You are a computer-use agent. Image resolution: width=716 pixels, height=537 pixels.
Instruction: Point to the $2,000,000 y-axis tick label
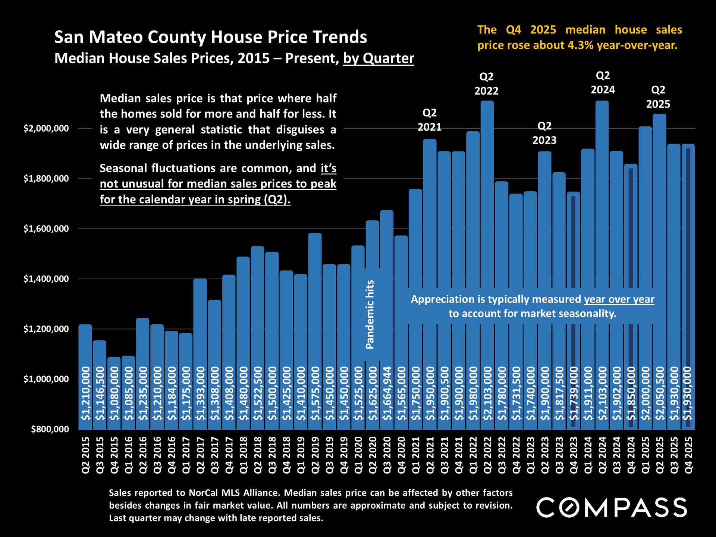click(46, 129)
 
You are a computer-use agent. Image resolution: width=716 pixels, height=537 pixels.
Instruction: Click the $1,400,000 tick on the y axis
click(46, 279)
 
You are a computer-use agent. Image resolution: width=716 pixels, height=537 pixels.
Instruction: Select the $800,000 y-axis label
click(50, 429)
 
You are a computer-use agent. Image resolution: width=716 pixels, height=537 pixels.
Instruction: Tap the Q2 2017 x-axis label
click(200, 455)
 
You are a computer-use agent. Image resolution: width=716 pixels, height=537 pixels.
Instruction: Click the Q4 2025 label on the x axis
click(688, 455)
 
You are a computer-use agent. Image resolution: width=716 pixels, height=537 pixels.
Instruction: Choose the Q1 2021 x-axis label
click(416, 455)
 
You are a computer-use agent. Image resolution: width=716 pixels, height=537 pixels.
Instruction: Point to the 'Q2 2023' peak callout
click(544, 133)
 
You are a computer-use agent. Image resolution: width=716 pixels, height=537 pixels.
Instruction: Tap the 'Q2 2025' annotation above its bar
click(658, 97)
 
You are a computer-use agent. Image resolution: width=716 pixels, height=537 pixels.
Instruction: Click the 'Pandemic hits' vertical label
click(370, 314)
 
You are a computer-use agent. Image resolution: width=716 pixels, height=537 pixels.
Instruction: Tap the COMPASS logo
click(612, 508)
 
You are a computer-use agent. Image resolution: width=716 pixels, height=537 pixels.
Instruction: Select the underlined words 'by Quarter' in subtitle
click(379, 59)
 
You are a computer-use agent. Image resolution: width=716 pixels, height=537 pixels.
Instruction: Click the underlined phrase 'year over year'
click(619, 299)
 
